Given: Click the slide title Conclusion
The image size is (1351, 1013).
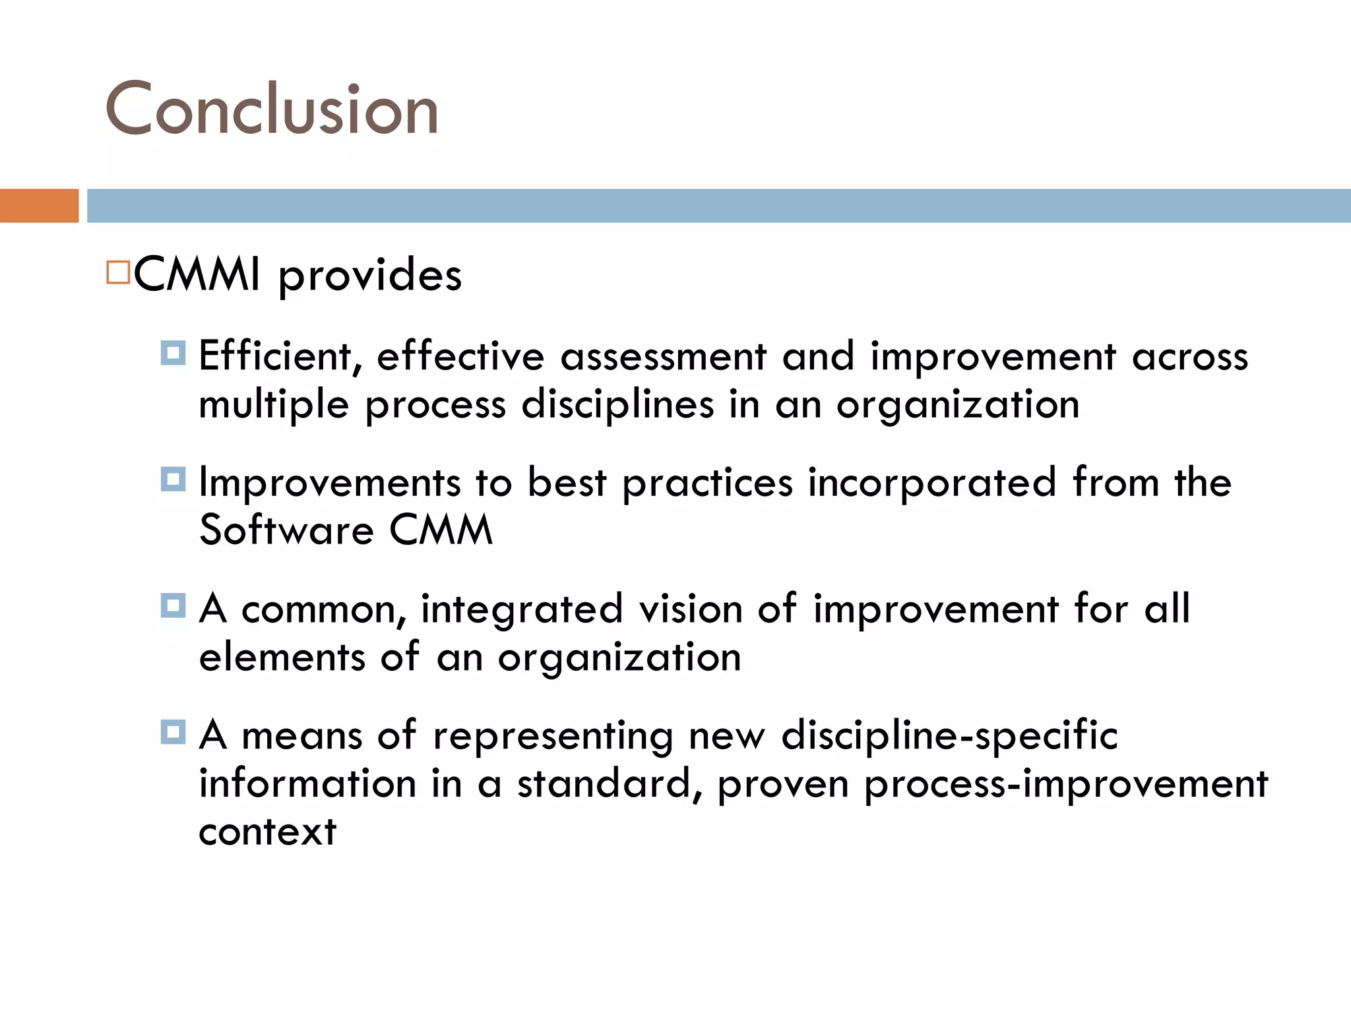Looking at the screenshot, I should point(272,109).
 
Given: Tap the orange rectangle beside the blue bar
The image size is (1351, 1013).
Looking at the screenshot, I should point(39,206).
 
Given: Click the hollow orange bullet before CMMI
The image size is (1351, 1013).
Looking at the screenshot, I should point(118,272).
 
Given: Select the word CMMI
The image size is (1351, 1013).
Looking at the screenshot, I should point(197,274).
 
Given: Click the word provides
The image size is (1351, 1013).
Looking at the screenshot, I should point(369,276).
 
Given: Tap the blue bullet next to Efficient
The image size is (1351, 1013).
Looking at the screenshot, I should point(173,353).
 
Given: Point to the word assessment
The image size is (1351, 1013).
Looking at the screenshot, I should point(663,357).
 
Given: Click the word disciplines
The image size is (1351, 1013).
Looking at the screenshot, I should point(617,404).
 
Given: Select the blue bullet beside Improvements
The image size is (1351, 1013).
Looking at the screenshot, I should point(173,479).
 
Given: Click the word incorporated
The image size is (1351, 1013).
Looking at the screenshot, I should point(932,482).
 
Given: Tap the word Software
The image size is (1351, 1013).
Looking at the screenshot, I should point(286,530).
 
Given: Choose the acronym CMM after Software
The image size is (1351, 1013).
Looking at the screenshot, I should point(441,530).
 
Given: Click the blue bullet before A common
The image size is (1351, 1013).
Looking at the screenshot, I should point(173,605).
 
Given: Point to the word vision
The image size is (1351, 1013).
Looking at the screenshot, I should point(690,609).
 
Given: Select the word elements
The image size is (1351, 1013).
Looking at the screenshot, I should point(282,657).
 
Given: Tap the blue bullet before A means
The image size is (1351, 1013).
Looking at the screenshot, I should point(173,731).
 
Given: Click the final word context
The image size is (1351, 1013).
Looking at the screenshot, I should point(267,832).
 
